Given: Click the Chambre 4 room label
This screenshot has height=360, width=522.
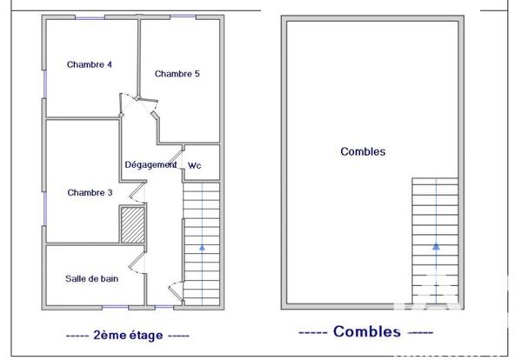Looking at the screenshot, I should (90, 64).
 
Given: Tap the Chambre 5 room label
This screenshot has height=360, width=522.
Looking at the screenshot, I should (177, 74).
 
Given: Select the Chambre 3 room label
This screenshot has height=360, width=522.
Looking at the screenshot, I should (90, 192).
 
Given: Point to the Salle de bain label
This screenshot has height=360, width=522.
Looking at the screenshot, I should (91, 279).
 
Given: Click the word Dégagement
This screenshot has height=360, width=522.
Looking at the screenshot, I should (151, 164).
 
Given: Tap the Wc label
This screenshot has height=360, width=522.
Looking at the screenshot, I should (195, 165).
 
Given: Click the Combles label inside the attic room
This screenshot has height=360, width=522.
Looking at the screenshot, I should (362, 151).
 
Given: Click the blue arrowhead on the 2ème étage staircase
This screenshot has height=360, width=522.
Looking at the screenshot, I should (202, 247).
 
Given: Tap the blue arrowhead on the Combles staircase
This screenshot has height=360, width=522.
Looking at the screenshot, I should (435, 247).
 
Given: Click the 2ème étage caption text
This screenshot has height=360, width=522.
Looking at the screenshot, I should (127, 334).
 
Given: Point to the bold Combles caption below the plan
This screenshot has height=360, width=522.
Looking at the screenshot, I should (365, 331).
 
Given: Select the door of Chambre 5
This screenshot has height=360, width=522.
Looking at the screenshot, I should (154, 117).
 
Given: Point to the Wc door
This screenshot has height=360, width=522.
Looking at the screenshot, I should (176, 156).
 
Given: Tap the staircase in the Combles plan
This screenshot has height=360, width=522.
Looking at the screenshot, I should (435, 239).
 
